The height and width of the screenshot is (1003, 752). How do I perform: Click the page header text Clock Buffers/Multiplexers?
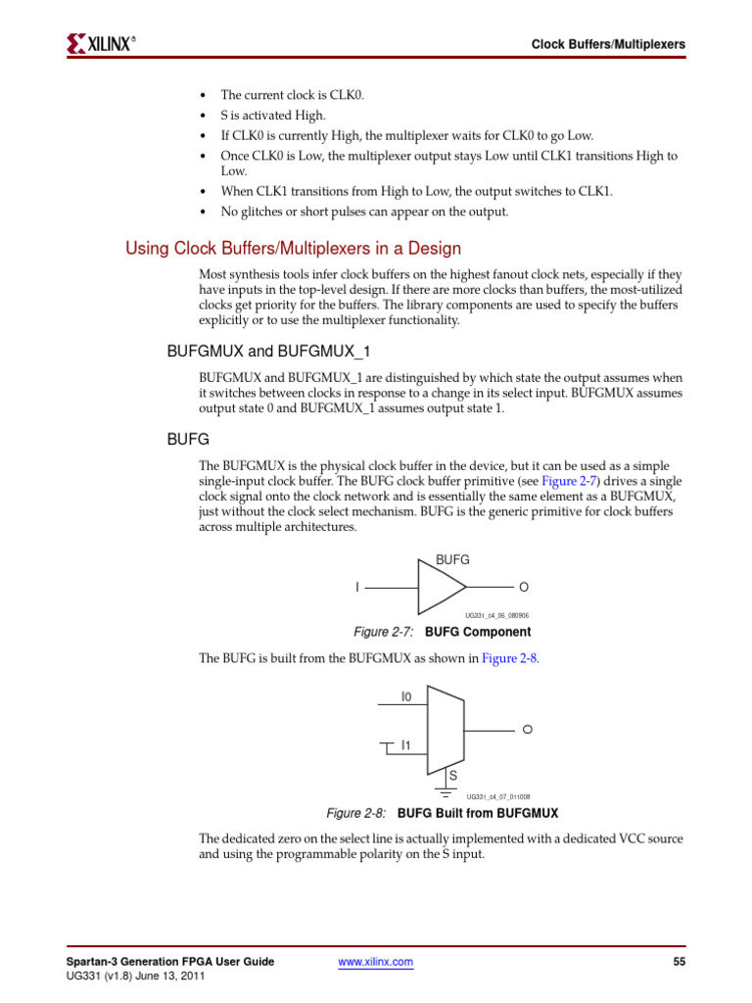(x=607, y=44)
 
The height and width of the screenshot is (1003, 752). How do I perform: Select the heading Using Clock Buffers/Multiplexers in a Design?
(x=293, y=249)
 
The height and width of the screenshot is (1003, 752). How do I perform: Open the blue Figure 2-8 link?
(x=509, y=658)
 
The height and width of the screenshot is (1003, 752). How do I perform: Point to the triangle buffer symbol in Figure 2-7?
(x=440, y=588)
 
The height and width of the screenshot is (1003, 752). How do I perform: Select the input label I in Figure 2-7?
(x=357, y=587)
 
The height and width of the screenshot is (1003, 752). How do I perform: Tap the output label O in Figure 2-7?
(x=524, y=587)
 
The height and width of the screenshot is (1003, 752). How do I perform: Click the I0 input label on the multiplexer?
(x=406, y=696)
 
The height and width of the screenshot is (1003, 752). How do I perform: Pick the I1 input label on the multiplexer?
(x=405, y=745)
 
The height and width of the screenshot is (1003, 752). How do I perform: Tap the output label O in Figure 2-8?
(x=527, y=731)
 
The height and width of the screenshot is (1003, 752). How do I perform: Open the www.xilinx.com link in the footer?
(x=375, y=963)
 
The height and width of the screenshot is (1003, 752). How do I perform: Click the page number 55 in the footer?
(x=679, y=963)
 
